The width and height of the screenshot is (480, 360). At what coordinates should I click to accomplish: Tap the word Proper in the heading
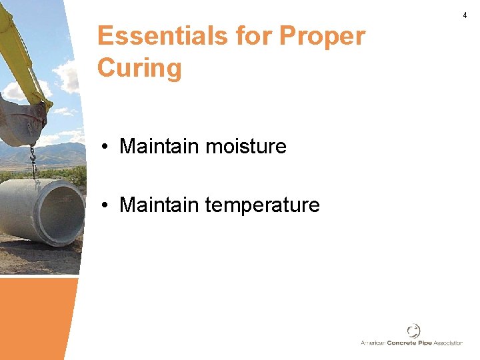325,36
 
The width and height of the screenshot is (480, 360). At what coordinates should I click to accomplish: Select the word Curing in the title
139,68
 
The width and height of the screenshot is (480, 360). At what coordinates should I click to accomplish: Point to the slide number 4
465,15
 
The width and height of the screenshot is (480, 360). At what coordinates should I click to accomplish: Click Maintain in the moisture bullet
159,146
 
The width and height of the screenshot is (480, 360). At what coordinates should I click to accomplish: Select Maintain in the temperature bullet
159,205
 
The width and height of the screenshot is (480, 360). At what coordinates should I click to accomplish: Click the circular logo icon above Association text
413,331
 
